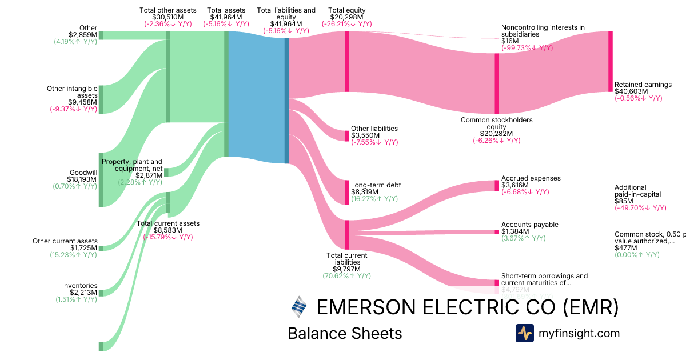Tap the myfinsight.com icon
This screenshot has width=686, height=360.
click(x=524, y=333)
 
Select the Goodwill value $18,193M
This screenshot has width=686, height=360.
click(x=82, y=179)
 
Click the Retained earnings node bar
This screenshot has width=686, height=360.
click(x=610, y=61)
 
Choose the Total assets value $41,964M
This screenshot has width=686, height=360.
click(x=226, y=17)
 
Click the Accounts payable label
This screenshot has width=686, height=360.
click(x=529, y=225)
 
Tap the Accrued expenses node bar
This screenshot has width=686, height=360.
click(x=497, y=185)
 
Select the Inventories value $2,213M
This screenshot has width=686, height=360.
click(x=82, y=293)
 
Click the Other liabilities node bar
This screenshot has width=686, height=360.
click(x=346, y=136)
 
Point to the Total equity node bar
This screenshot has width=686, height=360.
click(x=346, y=61)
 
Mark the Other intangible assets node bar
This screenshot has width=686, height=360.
click(x=101, y=99)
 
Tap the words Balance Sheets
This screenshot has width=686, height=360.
click(x=345, y=333)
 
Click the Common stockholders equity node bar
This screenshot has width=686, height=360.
click(x=497, y=83)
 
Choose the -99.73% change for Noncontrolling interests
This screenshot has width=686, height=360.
click(x=527, y=48)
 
